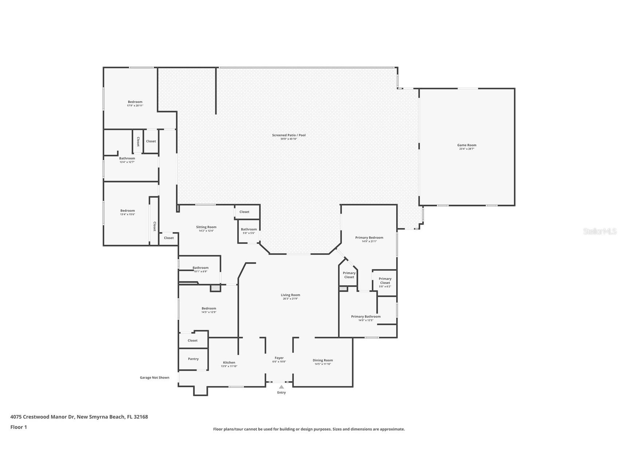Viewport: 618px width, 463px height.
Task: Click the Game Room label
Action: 467,145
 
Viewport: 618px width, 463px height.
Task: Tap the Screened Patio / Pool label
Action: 289,135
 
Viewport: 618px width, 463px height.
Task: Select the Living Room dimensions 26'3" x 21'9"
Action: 290,299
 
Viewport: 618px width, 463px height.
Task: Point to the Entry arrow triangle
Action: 281,387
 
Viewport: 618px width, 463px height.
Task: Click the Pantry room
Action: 193,359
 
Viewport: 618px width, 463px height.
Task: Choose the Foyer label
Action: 279,358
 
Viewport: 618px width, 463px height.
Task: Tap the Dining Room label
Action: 323,360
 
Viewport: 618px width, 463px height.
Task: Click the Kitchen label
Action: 229,362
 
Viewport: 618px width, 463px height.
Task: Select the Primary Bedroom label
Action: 369,237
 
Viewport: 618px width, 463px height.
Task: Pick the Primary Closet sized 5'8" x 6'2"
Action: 385,282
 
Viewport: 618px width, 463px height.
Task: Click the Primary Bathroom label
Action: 366,316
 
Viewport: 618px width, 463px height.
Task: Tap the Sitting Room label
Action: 206,227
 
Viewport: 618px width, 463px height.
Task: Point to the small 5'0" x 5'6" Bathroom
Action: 249,231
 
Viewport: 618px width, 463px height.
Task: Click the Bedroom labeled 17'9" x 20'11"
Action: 135,103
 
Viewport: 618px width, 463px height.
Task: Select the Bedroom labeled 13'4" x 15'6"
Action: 127,212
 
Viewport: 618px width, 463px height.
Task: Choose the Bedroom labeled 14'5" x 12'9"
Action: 209,310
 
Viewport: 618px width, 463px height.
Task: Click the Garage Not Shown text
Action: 154,377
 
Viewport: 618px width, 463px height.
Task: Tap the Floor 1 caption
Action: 19,427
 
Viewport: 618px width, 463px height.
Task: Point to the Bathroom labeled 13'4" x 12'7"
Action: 127,160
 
